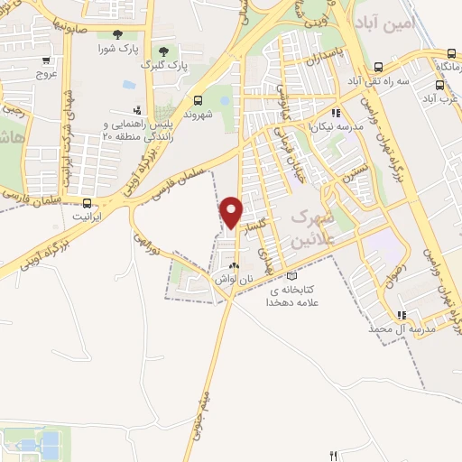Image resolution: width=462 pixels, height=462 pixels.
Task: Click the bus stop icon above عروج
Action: click(46, 60)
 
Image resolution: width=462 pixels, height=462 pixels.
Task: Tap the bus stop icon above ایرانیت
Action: click(88, 202)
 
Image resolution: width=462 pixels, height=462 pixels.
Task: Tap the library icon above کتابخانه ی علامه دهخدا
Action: click(290, 276)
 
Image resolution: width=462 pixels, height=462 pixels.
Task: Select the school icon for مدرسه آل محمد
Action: click(402, 315)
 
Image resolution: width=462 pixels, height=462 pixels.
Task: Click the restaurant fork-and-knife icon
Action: click(334, 456)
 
